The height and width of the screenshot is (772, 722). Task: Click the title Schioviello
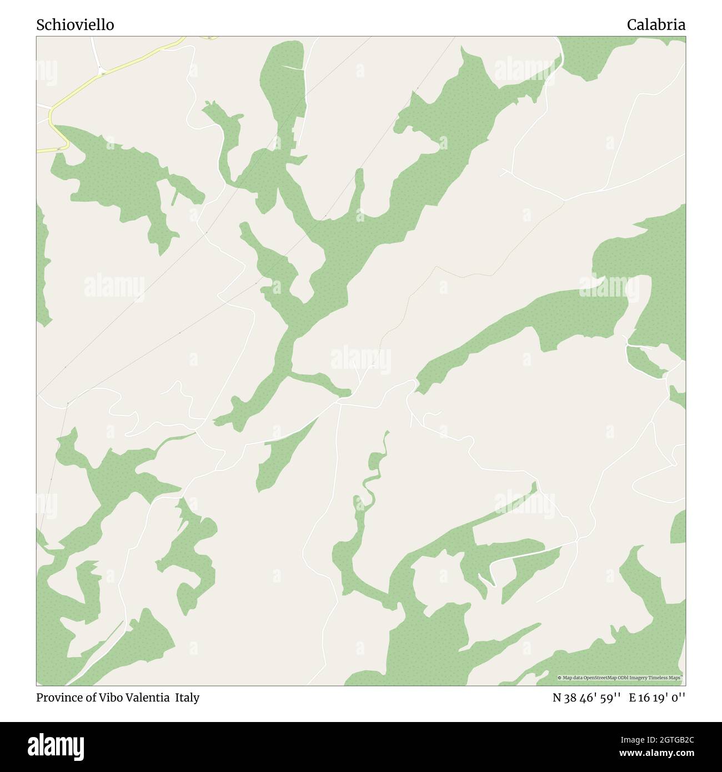coord(76,25)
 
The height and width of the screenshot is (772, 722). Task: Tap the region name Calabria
coord(656,25)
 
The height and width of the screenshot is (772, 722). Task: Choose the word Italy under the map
coord(188,698)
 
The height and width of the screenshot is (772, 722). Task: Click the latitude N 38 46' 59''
coord(586,698)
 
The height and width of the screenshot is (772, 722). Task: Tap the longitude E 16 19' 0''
coord(657,698)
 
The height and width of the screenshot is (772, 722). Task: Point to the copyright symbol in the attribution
coord(560,678)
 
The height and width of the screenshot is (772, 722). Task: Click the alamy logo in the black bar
coord(57,745)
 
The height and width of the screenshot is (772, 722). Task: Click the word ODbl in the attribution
coord(624,678)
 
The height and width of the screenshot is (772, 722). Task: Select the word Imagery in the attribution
coord(641,678)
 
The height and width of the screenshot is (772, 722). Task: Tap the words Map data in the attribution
coord(573,678)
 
